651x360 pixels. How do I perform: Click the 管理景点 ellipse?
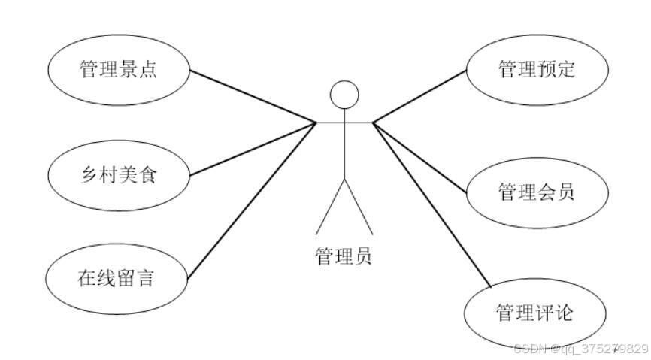pos(118,70)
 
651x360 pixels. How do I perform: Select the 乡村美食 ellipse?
pos(118,176)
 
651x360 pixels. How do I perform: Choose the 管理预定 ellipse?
pos(536,70)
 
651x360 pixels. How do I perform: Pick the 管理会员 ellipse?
pos(536,192)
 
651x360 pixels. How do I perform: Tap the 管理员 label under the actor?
pos(343,256)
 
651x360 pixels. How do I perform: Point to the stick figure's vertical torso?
pos(344,147)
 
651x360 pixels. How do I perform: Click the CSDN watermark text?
pos(579,349)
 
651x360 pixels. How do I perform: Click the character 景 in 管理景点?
pos(137,70)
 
